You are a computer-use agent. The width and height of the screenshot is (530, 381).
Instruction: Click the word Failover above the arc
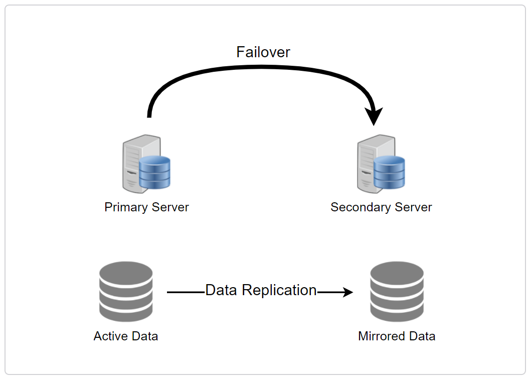[263, 52]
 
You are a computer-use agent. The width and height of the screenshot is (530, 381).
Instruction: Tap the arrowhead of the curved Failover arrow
[374, 116]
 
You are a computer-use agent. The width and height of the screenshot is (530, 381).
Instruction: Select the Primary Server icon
[146, 164]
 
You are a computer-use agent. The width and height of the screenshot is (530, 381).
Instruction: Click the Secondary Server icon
[381, 164]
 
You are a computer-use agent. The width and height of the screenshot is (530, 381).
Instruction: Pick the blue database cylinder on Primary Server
[155, 173]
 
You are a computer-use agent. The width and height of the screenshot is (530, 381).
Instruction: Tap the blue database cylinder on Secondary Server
[390, 173]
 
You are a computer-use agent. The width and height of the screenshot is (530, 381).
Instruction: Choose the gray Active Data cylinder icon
[126, 292]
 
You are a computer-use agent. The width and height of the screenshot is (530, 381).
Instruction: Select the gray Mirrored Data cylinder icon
[397, 292]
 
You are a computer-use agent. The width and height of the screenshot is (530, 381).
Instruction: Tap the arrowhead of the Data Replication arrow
[348, 292]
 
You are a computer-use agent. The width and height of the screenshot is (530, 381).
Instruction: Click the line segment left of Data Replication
[186, 292]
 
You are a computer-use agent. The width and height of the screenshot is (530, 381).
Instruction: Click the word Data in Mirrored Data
[421, 336]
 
